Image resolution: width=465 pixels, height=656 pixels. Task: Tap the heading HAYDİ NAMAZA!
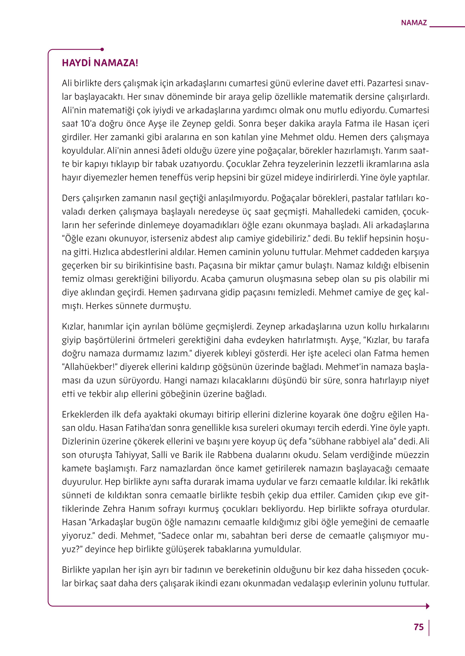click(100, 63)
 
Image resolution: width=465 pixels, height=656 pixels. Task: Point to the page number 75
click(419, 627)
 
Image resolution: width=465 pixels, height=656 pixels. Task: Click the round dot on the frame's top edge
click(102, 49)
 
